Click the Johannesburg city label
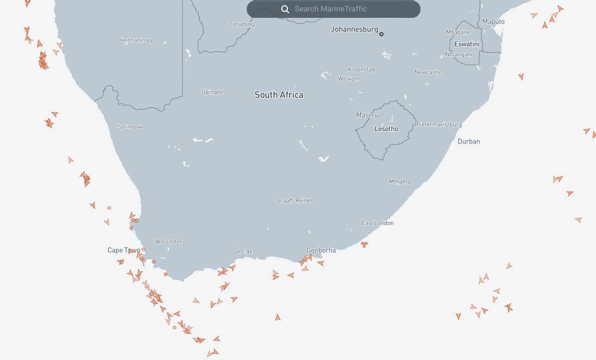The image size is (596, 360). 354,29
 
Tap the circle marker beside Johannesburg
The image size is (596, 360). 381,34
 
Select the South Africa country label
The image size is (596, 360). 279,95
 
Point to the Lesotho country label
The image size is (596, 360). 386,129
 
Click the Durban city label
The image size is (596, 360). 468,142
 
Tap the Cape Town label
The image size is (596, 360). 124,250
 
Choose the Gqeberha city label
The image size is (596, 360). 321,250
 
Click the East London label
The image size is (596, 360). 378,223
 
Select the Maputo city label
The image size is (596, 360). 493,22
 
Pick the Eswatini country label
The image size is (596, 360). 467,44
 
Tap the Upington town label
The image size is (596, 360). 213,92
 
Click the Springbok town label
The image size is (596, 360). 130,127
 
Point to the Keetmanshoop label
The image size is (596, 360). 136,40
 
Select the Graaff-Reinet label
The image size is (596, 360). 294,201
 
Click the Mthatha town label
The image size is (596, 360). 399,182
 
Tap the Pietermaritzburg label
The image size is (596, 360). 439,124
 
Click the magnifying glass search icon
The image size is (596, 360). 285,9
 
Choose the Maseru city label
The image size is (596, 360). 367,115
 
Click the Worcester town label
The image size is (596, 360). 168,242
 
